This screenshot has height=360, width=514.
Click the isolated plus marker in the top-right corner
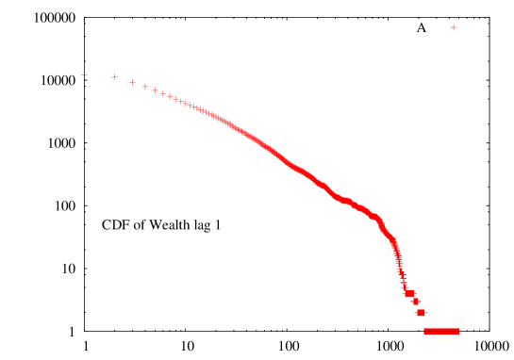[454, 27]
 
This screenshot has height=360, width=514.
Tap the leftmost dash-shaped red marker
[85, 75]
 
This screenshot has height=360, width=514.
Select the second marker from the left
[115, 77]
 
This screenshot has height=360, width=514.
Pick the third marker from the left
[132, 82]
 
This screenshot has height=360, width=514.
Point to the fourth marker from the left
[145, 87]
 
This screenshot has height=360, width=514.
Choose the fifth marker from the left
[156, 90]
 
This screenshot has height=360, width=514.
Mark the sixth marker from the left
[163, 93]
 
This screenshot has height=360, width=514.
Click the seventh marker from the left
[170, 96]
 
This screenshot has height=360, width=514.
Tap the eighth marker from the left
[176, 99]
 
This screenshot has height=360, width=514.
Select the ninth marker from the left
[181, 101]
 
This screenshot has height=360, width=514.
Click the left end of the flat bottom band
[425, 331]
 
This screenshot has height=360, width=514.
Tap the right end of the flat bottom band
[458, 331]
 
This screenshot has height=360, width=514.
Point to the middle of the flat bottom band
[441, 331]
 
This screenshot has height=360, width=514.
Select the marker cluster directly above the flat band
[421, 312]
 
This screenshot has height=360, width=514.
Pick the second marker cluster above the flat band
[415, 302]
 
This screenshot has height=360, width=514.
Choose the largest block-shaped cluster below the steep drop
[409, 293]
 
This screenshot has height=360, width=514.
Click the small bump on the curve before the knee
[347, 200]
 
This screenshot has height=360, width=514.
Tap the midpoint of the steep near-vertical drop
[398, 259]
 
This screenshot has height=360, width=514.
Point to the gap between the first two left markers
[100, 76]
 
